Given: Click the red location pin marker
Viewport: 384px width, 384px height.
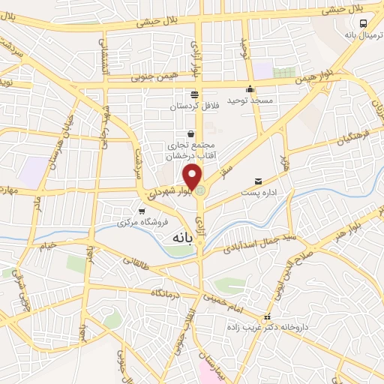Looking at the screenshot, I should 193,177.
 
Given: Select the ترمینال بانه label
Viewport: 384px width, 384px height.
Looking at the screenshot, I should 360,34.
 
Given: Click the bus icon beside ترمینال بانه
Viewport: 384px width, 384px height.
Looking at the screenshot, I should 363,23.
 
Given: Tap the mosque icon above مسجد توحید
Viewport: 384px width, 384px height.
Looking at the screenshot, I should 250,88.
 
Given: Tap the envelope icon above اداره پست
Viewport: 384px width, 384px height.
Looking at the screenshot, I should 259,181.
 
